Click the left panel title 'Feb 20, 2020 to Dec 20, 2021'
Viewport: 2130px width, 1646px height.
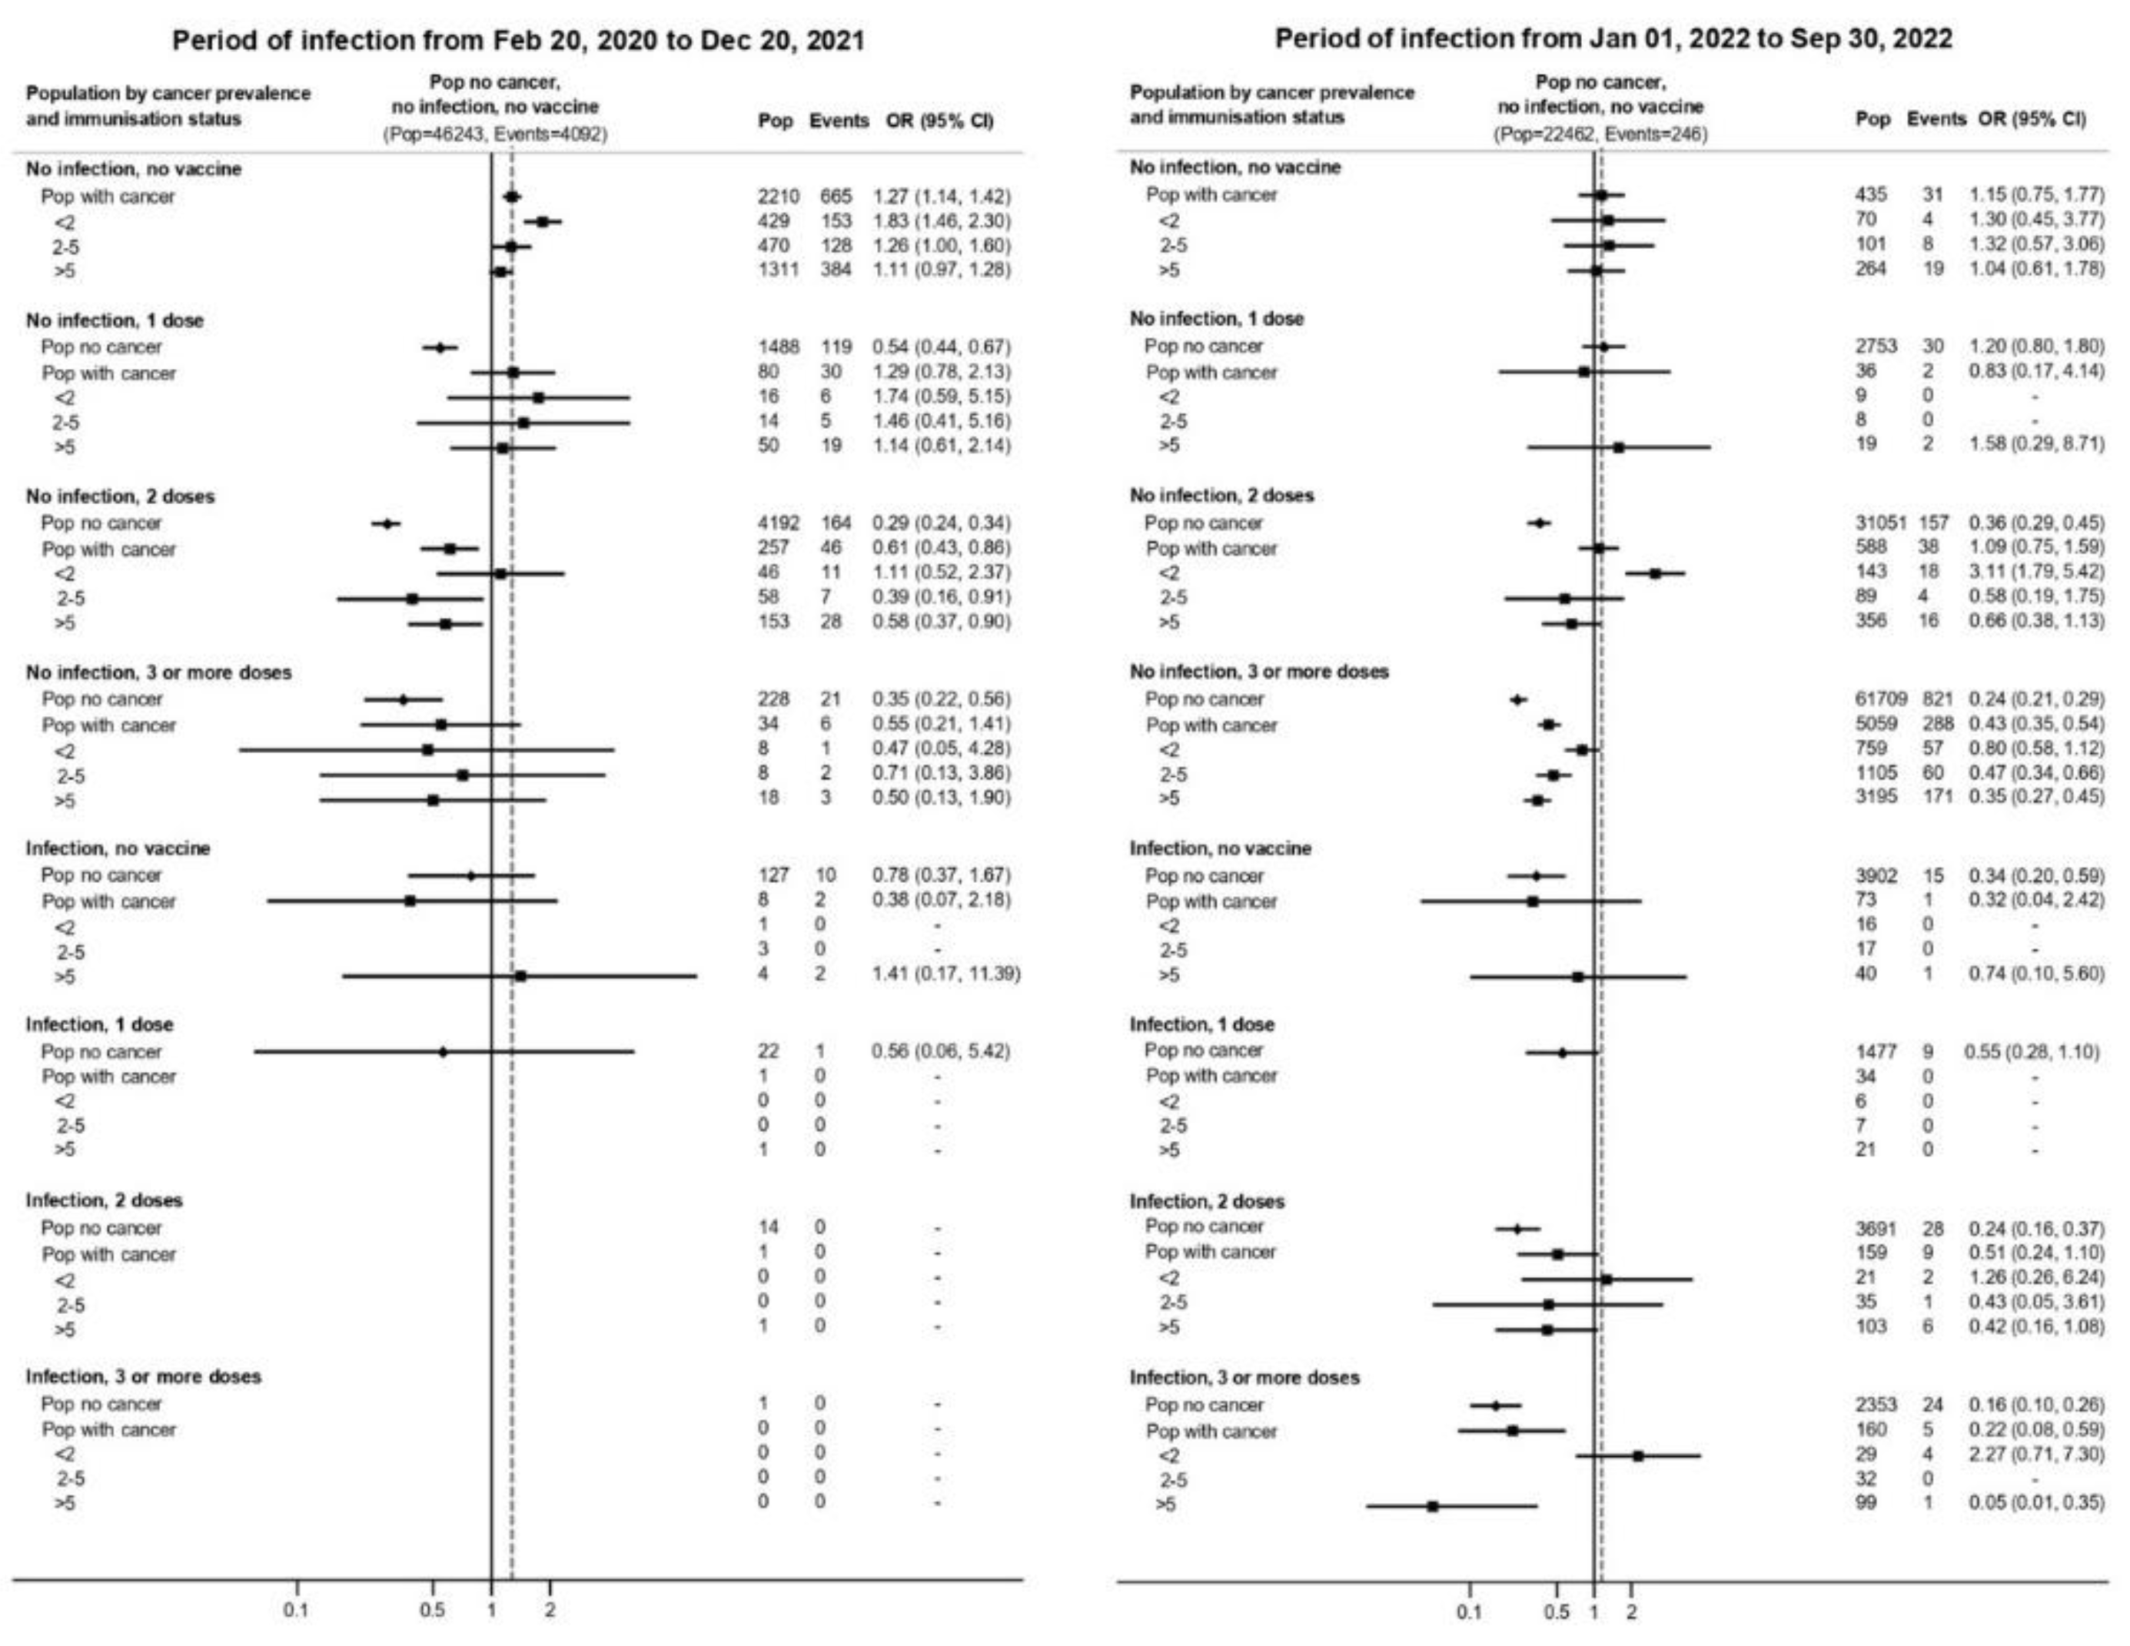[x=518, y=41]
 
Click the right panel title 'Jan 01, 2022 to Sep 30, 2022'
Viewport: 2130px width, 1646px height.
[x=1613, y=39]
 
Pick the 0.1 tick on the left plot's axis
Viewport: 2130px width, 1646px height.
[x=297, y=1610]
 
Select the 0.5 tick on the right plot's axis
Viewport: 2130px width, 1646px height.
[x=1557, y=1612]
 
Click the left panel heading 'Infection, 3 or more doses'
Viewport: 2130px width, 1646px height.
[x=144, y=1376]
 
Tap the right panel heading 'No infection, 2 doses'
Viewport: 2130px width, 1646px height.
[x=1221, y=496]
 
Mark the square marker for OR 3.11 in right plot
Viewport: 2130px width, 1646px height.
[x=1655, y=573]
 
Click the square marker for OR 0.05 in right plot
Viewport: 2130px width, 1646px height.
[x=1433, y=1507]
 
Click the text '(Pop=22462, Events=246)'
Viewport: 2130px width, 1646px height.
[x=1600, y=134]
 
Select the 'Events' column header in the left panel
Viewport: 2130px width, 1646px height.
[x=838, y=121]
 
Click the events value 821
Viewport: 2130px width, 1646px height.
[x=1936, y=699]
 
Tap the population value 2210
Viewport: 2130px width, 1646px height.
[x=777, y=196]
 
